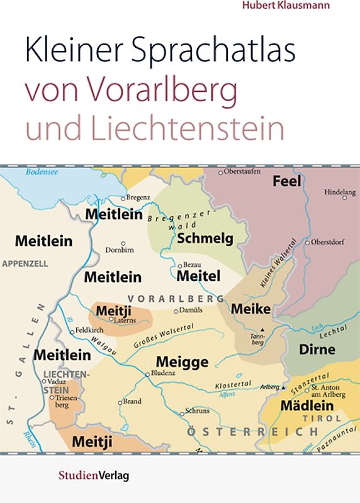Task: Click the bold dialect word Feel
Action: point(286,182)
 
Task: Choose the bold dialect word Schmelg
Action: point(205,238)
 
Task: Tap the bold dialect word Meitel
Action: point(199,276)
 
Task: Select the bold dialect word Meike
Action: point(250,309)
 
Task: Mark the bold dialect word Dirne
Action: point(317,350)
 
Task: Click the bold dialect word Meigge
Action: point(182,362)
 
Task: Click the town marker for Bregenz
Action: point(124,198)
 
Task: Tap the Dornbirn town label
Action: point(120,250)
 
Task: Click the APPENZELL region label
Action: point(25,264)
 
